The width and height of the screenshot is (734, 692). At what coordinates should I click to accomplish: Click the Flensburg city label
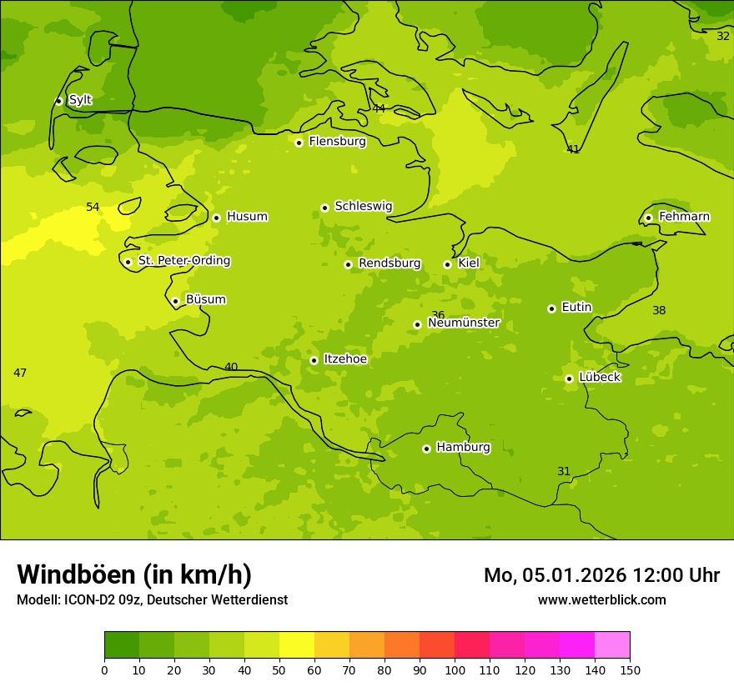pyautogui.click(x=337, y=142)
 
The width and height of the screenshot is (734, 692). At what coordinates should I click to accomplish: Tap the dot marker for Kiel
pyautogui.click(x=447, y=264)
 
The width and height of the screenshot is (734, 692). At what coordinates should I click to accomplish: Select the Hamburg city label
pyautogui.click(x=463, y=448)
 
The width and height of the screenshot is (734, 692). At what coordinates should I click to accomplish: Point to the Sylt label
pyautogui.click(x=80, y=100)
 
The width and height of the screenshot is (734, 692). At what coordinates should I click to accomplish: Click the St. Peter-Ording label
pyautogui.click(x=183, y=261)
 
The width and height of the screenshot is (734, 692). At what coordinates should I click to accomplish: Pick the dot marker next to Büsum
pyautogui.click(x=175, y=301)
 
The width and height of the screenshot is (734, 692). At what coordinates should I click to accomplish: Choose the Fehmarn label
pyautogui.click(x=684, y=217)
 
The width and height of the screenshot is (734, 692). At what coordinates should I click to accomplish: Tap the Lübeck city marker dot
pyautogui.click(x=569, y=379)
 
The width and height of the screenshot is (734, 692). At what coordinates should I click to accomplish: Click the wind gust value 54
pyautogui.click(x=93, y=207)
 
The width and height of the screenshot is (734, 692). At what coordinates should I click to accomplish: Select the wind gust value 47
pyautogui.click(x=20, y=373)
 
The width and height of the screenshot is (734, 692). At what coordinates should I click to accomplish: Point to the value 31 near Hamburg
pyautogui.click(x=564, y=471)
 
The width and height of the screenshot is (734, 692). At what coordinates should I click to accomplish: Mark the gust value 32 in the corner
pyautogui.click(x=723, y=36)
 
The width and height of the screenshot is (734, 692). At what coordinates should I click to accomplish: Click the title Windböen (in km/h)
pyautogui.click(x=134, y=574)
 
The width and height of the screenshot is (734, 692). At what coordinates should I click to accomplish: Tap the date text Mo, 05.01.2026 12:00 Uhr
pyautogui.click(x=601, y=575)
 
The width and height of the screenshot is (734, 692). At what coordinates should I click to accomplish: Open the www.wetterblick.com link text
pyautogui.click(x=601, y=600)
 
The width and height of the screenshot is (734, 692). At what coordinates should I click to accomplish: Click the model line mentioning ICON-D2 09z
pyautogui.click(x=152, y=600)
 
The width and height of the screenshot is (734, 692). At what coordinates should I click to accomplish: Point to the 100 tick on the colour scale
pyautogui.click(x=455, y=669)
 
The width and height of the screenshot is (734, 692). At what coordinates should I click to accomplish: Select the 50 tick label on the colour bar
pyautogui.click(x=279, y=669)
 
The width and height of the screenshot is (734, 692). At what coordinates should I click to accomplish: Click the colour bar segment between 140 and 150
pyautogui.click(x=612, y=645)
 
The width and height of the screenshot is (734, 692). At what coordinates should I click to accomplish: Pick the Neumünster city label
pyautogui.click(x=463, y=323)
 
